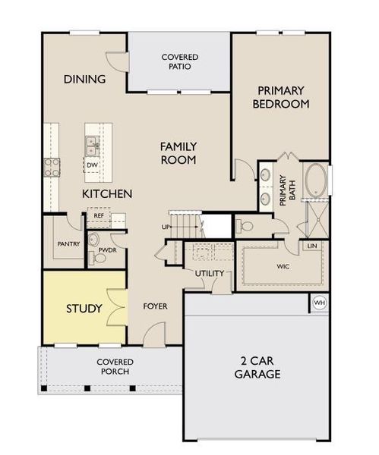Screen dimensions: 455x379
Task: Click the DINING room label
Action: click(x=84, y=79)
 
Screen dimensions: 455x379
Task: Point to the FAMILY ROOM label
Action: click(x=178, y=153)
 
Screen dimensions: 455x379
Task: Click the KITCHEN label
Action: click(x=107, y=194)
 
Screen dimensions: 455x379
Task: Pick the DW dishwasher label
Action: click(x=92, y=165)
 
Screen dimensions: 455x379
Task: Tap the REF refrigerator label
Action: click(x=99, y=216)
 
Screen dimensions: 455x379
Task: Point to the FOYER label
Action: click(x=155, y=306)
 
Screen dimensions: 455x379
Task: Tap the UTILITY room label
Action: click(x=208, y=274)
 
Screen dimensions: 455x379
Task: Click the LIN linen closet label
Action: click(x=312, y=246)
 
